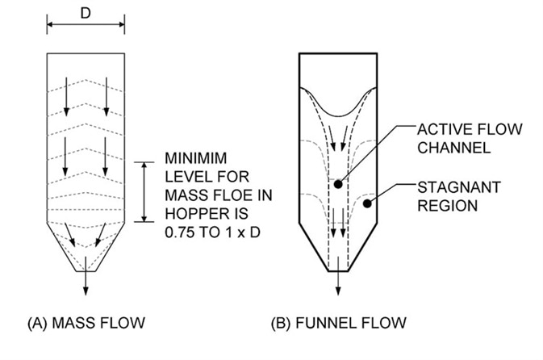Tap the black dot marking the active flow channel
pos(337,184)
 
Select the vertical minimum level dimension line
pos(144,190)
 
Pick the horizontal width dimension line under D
pos(86,26)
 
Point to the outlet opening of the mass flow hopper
pos(86,270)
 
